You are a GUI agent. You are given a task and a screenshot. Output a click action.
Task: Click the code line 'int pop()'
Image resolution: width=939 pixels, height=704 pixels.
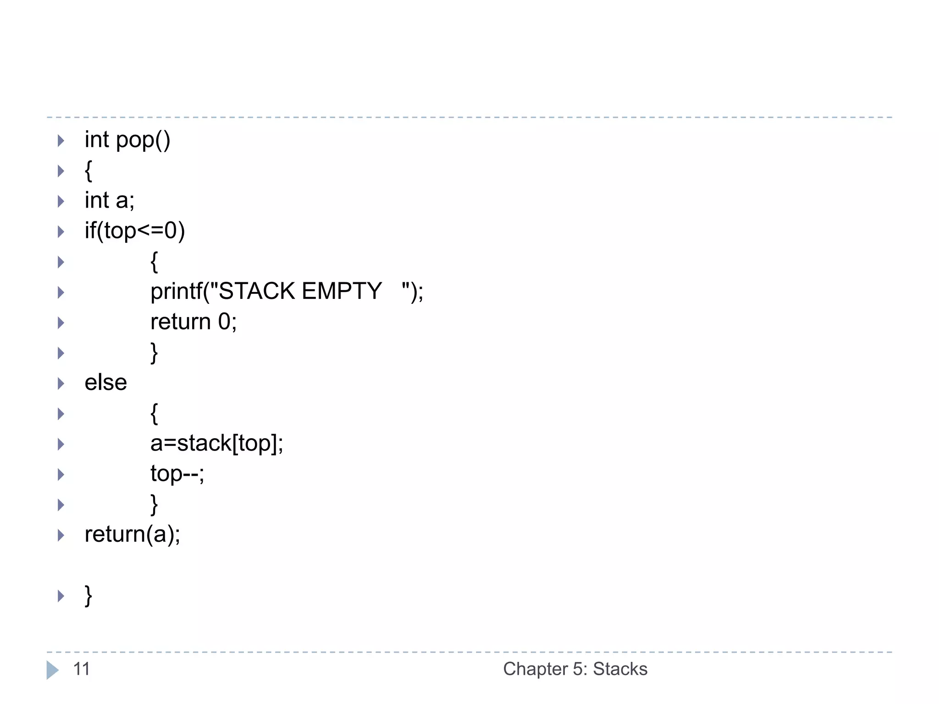[127, 140]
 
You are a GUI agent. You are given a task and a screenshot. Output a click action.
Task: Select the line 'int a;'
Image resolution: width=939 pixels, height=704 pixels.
[109, 201]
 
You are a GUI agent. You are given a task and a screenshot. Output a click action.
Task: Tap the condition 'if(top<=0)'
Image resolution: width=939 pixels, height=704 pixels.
[134, 231]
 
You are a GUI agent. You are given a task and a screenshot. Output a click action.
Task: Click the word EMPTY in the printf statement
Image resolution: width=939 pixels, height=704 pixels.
[342, 291]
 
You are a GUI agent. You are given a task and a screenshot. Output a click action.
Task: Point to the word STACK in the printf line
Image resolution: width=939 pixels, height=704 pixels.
[257, 291]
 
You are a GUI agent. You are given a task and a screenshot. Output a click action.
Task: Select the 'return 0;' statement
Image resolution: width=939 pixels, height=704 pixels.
[193, 322]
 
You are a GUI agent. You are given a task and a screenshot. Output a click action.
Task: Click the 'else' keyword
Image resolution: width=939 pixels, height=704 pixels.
[105, 383]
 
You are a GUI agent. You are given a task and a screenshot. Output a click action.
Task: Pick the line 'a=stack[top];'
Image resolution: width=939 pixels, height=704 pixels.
[216, 443]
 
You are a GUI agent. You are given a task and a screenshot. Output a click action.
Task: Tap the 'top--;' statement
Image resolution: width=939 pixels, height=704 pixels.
[177, 473]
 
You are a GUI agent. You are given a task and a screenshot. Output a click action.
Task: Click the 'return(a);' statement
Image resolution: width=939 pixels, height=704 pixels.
[132, 534]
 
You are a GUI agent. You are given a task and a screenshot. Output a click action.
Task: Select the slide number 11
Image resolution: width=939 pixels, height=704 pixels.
[82, 669]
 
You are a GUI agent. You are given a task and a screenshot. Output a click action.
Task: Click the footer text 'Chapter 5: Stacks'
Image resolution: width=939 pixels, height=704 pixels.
[575, 669]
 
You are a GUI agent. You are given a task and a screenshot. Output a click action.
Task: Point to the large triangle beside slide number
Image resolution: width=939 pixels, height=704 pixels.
[52, 670]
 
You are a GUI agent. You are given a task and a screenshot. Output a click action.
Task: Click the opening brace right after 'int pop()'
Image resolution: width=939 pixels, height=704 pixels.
[88, 171]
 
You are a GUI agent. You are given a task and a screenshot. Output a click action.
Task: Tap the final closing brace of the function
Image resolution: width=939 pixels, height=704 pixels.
[88, 595]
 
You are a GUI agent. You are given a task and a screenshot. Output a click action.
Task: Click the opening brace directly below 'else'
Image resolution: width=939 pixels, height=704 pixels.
[154, 413]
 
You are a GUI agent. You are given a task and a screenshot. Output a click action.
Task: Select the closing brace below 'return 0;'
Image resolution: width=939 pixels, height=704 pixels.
[154, 353]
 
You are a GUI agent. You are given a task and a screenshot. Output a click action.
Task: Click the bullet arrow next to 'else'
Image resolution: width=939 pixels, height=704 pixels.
[61, 384]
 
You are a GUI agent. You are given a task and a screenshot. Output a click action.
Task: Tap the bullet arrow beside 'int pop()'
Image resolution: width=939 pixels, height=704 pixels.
[61, 141]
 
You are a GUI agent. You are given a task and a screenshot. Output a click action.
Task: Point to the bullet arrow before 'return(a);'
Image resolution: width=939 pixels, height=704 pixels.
[61, 535]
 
